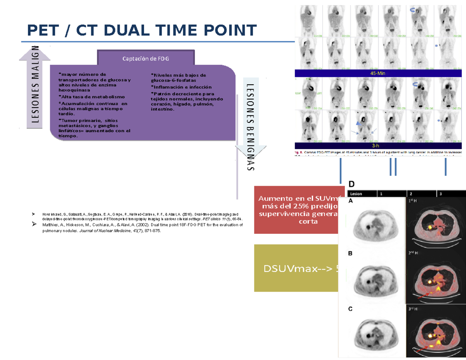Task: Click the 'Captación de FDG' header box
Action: pyautogui.click(x=146, y=59)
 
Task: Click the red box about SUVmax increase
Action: pyautogui.click(x=297, y=210)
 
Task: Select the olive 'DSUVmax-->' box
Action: pyautogui.click(x=297, y=268)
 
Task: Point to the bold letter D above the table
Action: pyautogui.click(x=351, y=184)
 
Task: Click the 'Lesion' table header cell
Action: pyautogui.click(x=356, y=193)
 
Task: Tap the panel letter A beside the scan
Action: pyautogui.click(x=351, y=201)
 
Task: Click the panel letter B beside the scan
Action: pyautogui.click(x=351, y=253)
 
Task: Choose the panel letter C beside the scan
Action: pyautogui.click(x=351, y=309)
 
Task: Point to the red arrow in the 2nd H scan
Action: pyautogui.click(x=424, y=297)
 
